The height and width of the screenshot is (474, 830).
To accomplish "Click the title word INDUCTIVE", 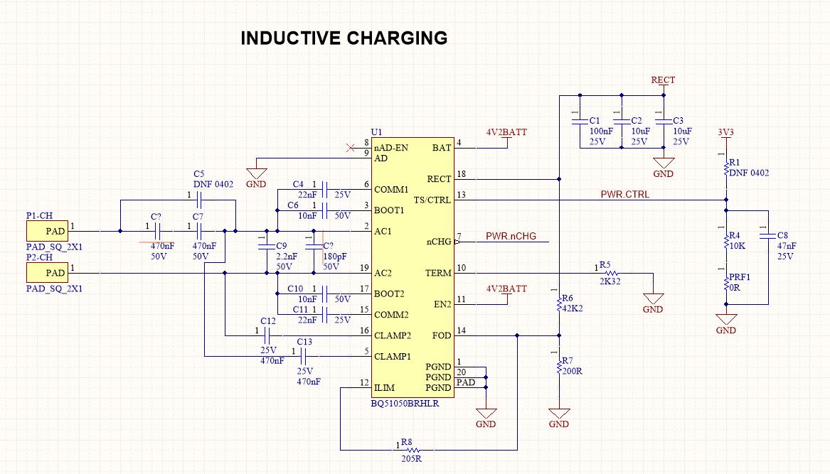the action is pos(291,38).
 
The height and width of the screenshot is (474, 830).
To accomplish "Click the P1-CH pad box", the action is pos(47,231).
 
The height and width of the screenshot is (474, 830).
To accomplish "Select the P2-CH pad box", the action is pos(47,273).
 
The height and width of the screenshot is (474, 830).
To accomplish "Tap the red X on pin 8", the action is pos(350,148).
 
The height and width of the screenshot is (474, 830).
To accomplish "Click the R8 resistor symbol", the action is pos(410,451).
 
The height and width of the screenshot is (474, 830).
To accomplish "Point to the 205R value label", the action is pos(411,458).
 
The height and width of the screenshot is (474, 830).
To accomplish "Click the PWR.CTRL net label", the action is pos(624,194).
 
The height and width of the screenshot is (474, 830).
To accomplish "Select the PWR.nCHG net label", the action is pos(511,236).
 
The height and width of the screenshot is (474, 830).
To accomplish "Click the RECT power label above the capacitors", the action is pos(664,80).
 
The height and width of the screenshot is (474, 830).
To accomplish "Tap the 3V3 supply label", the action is pos(725,131).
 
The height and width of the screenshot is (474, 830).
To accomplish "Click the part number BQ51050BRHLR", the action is pos(405,403).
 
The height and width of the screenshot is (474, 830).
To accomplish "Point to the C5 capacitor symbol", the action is pos(199,200).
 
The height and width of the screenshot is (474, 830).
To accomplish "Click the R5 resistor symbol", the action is pos(610,273).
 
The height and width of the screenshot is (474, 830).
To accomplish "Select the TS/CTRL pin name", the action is pos(432,200).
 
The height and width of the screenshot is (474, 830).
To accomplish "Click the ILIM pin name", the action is pos(384,388).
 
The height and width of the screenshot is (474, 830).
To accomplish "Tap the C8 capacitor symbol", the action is pos(767,235).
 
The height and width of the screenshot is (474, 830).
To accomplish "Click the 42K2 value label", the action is pos(573,308).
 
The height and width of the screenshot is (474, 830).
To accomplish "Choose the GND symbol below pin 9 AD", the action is pos(256,173).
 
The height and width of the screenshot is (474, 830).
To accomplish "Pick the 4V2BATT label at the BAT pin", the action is pos(506,132).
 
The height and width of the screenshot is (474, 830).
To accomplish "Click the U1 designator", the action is pos(376,131).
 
